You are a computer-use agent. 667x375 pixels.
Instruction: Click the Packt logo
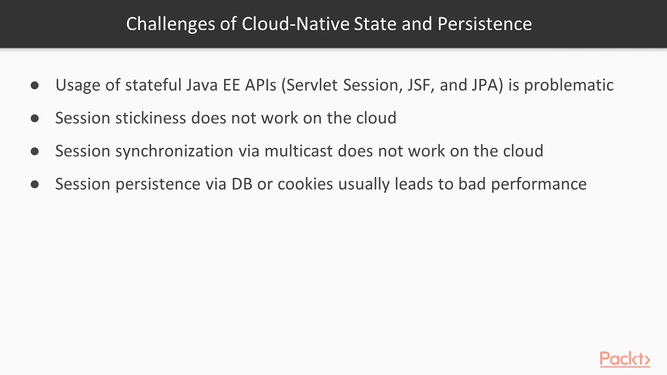[x=625, y=359]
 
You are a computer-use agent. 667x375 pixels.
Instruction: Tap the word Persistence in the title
[x=485, y=24]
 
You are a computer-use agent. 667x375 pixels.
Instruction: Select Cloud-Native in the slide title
[x=295, y=24]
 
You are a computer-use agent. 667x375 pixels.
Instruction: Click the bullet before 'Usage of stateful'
[x=35, y=85]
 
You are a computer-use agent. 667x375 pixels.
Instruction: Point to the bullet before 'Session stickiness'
[x=35, y=118]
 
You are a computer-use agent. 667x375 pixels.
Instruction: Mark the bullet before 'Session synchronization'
[x=35, y=151]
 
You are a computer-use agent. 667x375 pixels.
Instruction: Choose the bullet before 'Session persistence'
[x=35, y=184]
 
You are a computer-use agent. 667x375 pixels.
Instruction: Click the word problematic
[x=569, y=85]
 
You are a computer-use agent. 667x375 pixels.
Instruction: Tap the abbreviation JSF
[x=418, y=85]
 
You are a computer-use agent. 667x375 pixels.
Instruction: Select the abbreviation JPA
[x=487, y=85]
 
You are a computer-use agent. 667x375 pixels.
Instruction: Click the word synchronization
[x=174, y=151]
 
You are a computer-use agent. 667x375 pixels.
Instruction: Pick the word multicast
[x=299, y=151]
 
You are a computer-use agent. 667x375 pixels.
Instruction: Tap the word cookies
[x=305, y=184]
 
